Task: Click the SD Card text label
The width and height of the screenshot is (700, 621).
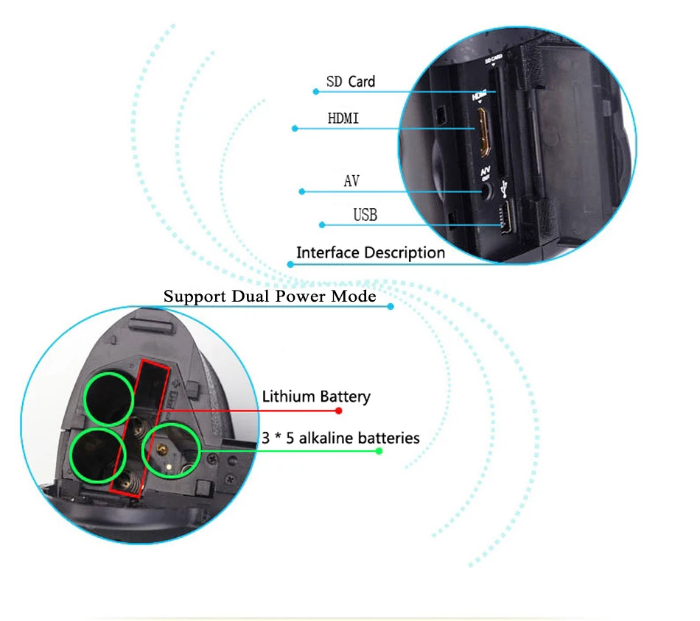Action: (x=350, y=81)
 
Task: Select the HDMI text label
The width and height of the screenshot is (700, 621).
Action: (x=343, y=118)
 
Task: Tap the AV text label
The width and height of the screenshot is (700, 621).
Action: (x=351, y=180)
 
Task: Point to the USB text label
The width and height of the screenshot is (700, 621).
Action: (x=365, y=215)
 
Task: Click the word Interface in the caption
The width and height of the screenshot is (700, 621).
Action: (x=329, y=252)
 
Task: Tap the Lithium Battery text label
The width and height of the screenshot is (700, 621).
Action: (x=316, y=397)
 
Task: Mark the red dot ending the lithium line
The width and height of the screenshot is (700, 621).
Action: (x=339, y=411)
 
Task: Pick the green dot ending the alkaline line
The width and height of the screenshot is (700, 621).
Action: (x=379, y=450)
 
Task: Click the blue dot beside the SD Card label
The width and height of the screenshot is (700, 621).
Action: (x=316, y=92)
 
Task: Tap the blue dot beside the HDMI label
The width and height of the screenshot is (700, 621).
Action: (x=295, y=129)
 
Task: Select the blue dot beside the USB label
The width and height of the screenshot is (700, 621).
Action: (x=321, y=225)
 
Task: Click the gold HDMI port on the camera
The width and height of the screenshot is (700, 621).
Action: (x=483, y=132)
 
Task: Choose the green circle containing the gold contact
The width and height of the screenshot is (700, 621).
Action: (x=169, y=449)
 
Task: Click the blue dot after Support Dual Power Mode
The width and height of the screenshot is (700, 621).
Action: (x=391, y=306)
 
